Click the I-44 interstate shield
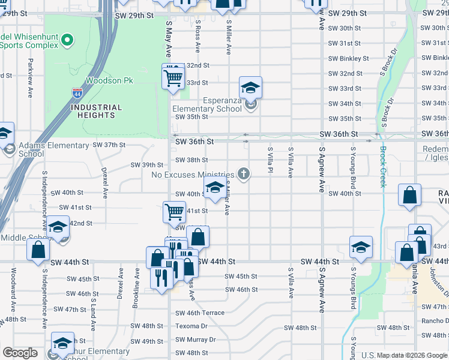[x=77, y=93]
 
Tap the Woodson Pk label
[x=109, y=80]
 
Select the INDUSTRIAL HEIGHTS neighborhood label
[x=96, y=111]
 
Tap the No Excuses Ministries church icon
[x=243, y=175]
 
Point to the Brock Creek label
[x=382, y=167]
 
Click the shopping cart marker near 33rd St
[x=173, y=77]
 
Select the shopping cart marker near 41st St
[x=174, y=211]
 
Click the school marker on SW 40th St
[x=215, y=187]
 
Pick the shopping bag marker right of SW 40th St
[x=409, y=195]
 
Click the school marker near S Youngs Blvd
[x=361, y=247]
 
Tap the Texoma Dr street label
[x=191, y=326]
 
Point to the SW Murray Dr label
[x=195, y=340]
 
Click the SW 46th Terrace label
[x=200, y=313]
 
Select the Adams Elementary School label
[x=54, y=149]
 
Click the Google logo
[x=20, y=353]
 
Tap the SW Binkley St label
[x=348, y=58]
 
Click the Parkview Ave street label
[x=29, y=78]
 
